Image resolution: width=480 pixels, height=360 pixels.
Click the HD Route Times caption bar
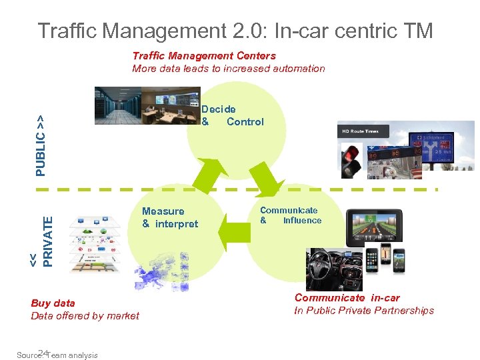(x=360, y=131)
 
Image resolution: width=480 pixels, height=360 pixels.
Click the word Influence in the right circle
(x=302, y=221)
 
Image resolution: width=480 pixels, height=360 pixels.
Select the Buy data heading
(x=53, y=303)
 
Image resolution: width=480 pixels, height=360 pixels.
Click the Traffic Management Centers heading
(x=203, y=56)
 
